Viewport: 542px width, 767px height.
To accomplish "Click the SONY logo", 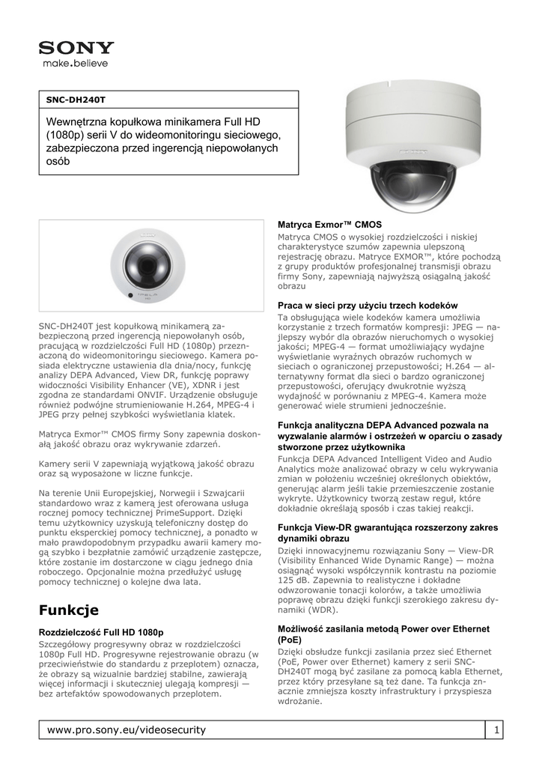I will (76, 48).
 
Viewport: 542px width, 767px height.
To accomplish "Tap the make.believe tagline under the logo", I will (75, 64).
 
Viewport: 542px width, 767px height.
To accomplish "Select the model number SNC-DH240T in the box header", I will (76, 99).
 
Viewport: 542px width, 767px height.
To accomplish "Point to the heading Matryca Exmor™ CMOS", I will (329, 225).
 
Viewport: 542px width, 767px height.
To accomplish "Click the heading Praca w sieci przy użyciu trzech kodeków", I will (367, 306).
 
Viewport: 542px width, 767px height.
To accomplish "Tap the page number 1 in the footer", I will (496, 730).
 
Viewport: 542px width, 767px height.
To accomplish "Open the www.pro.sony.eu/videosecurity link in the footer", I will (127, 730).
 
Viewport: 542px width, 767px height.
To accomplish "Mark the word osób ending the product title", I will (58, 162).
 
